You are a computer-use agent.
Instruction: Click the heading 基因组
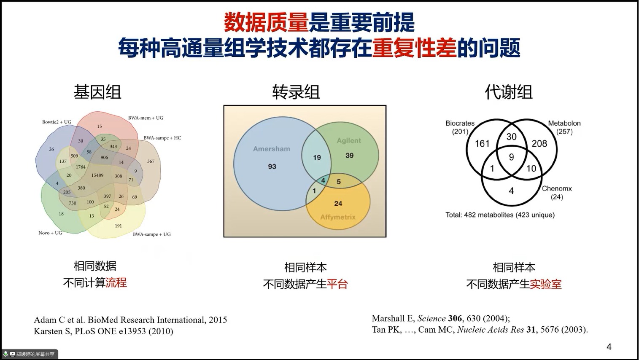pos(97,92)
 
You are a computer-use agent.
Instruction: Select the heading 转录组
pos(296,92)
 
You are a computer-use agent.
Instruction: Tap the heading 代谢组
pos(509,92)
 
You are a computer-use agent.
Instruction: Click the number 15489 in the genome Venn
pos(97,175)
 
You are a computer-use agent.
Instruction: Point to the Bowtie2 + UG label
pos(57,122)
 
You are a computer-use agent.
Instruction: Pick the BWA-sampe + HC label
pos(162,138)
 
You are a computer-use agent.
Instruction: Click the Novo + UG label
pos(50,233)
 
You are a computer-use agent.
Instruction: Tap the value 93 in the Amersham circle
pos(272,167)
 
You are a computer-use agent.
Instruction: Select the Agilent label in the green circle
pos(349,140)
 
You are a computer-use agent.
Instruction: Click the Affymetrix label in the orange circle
pos(338,217)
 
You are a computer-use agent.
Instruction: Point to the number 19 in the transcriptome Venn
pos(317,157)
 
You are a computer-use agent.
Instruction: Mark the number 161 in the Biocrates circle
pos(482,143)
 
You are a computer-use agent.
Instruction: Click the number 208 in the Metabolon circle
pos(539,143)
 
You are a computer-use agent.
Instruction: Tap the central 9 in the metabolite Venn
pos(512,157)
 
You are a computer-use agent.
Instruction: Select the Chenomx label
pos(557,188)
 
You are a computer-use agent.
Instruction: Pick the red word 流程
pos(116,282)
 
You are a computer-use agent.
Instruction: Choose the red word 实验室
pos(546,284)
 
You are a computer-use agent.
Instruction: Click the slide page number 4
pos(609,347)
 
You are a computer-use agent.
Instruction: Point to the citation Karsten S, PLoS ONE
pos(104,331)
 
